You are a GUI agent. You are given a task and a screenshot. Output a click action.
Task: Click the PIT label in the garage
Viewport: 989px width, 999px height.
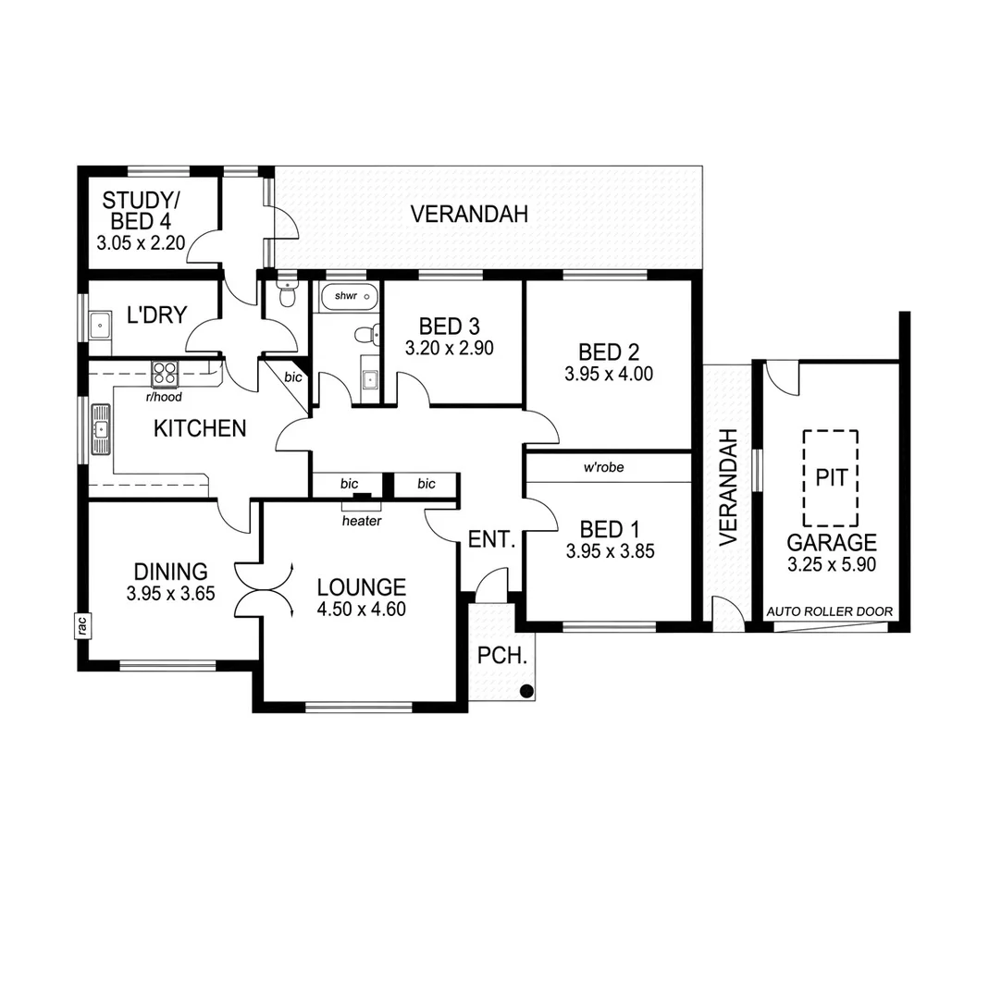(x=829, y=477)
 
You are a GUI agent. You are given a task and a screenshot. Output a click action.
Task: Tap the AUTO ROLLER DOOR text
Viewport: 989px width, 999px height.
(x=829, y=612)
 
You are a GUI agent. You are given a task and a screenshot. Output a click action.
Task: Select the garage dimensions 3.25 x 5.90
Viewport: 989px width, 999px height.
(x=830, y=563)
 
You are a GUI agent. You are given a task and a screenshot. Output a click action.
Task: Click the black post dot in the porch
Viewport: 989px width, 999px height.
(x=525, y=690)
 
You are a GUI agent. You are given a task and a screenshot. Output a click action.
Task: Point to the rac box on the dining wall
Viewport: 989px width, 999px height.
(x=81, y=626)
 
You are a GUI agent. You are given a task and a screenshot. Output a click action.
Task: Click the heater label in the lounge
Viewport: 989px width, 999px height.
(x=362, y=521)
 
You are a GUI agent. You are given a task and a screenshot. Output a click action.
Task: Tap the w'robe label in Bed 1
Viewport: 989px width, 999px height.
(x=603, y=467)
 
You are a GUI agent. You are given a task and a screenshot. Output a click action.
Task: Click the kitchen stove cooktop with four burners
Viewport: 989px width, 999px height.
(x=166, y=374)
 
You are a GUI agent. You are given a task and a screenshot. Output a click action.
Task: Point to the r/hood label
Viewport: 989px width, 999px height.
(x=163, y=398)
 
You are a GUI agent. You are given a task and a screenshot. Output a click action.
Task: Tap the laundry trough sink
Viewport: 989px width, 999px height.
(x=99, y=324)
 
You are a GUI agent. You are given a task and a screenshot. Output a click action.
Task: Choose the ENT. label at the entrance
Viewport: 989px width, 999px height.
(x=491, y=539)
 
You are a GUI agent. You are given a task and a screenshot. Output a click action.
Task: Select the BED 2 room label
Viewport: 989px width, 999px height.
(x=609, y=351)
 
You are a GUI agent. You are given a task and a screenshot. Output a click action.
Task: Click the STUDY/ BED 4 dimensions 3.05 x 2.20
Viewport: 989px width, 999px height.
(x=141, y=244)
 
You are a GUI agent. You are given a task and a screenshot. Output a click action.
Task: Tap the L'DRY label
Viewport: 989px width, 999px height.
(x=157, y=315)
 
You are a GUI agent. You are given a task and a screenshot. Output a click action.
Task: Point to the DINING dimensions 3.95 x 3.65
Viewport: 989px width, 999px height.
(x=170, y=595)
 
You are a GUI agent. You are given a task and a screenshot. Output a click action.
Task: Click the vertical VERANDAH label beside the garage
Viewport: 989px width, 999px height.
(x=729, y=486)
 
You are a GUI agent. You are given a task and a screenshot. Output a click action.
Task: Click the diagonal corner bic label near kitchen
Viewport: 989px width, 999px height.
(x=293, y=376)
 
